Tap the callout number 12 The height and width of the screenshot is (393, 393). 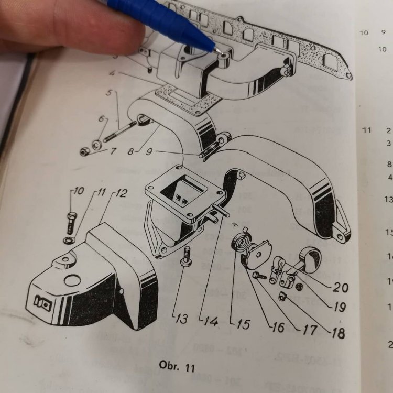pos(120,193)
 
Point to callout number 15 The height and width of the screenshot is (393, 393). pos(243,323)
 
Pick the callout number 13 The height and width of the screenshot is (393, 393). pos(181,319)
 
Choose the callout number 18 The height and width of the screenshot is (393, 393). pos(337,332)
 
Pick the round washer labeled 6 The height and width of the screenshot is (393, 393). pos(97,144)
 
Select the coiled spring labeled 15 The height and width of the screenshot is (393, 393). pos(240,244)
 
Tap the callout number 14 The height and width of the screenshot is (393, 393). pos(211,321)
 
